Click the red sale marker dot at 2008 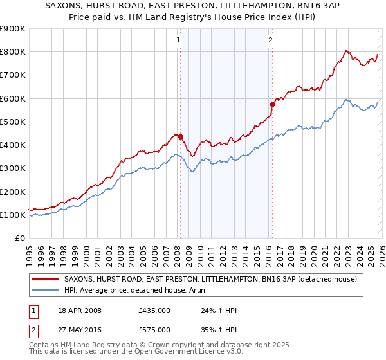pyautogui.click(x=180, y=136)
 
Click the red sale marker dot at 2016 pyautogui.click(x=272, y=104)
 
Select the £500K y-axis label pyautogui.click(x=13, y=122)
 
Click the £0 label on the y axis pyautogui.click(x=20, y=238)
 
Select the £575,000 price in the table pyautogui.click(x=154, y=330)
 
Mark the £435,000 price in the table pyautogui.click(x=154, y=311)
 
